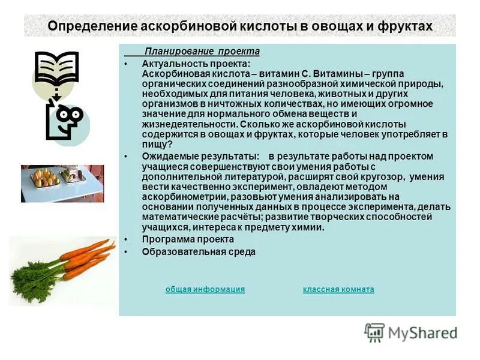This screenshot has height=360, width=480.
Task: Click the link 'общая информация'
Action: tap(205, 289)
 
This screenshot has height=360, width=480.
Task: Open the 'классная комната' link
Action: tap(338, 289)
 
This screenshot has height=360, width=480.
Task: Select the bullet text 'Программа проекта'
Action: tap(188, 239)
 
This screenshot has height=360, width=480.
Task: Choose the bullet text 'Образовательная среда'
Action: tap(199, 252)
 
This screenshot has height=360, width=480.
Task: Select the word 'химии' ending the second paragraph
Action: tap(311, 227)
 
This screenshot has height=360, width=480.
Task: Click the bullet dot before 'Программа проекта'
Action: tap(126, 240)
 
